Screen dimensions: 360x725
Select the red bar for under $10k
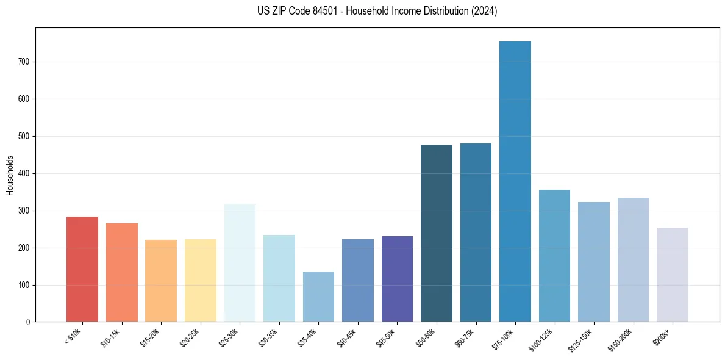pos(82,269)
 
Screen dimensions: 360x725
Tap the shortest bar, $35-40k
pos(318,297)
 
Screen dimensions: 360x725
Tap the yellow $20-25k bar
pos(201,280)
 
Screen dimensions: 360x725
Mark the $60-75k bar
pos(476,232)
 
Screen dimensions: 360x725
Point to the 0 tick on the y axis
pos(28,322)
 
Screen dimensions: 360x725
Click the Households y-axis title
pos(10,175)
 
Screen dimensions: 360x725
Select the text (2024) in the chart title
pos(485,11)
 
